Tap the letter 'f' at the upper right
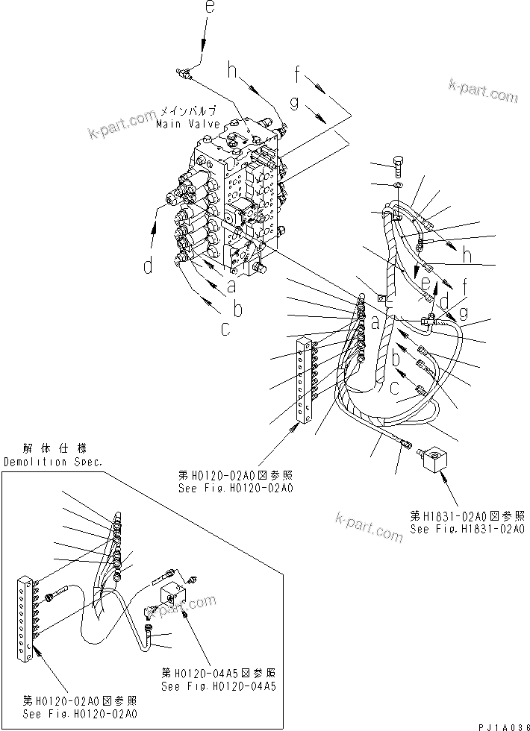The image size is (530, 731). [299, 74]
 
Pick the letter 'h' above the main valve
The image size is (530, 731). [233, 72]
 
